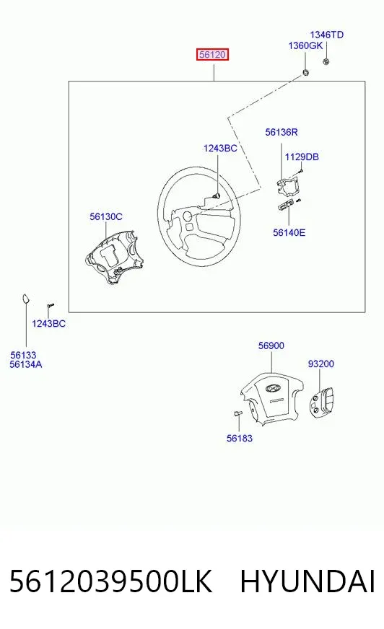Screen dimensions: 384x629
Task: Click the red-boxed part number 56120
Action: pos(212,55)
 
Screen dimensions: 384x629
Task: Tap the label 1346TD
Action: pos(327,35)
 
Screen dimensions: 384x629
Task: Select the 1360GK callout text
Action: pos(305,45)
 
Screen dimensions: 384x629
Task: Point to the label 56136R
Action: pos(282,132)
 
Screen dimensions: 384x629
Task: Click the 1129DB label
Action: pos(302,157)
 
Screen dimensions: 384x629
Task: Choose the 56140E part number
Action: pos(289,233)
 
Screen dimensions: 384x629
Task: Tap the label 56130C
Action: pos(106,216)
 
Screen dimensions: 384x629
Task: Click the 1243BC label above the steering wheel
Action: pos(220,149)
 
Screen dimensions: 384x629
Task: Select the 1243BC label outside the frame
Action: pos(48,324)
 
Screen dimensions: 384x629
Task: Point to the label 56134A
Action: pos(26,365)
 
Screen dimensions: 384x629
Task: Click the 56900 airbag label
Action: pos(271,346)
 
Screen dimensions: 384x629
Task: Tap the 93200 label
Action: pos(321,364)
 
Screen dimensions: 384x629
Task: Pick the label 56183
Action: pos(240,439)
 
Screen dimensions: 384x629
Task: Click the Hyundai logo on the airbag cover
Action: pos(274,388)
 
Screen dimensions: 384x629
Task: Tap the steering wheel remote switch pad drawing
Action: pos(321,402)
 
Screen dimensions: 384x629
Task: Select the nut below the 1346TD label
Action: pos(326,61)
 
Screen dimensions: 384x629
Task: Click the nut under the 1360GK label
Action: pos(305,73)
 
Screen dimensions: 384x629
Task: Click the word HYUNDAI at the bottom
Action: pos(307,581)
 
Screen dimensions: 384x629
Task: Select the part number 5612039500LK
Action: pos(110,581)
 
